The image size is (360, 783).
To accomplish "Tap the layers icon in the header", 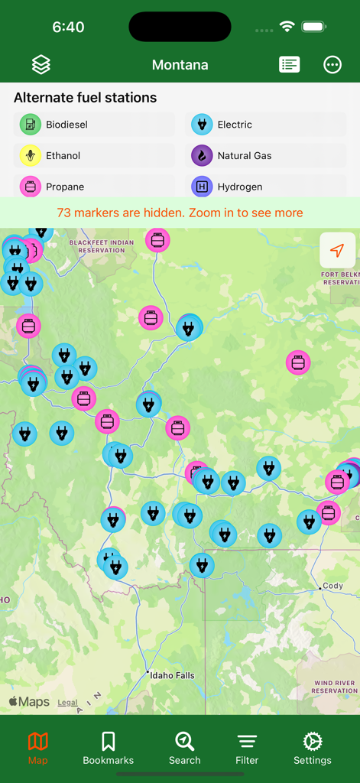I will click(41, 65).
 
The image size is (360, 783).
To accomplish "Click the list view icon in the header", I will click(289, 65).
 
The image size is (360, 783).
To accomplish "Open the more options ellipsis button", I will click(332, 65).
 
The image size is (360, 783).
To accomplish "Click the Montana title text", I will click(180, 65).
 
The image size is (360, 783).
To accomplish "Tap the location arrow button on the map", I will click(337, 250).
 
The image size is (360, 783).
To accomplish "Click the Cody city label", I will click(333, 586).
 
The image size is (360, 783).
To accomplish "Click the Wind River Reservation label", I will click(335, 687).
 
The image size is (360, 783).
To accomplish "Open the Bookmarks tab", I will click(109, 748).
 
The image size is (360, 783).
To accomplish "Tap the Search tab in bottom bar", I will click(184, 748).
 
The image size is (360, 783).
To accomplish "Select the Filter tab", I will click(247, 748).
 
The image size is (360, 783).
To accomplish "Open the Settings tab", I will click(313, 748).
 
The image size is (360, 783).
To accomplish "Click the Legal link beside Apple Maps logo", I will click(67, 702).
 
